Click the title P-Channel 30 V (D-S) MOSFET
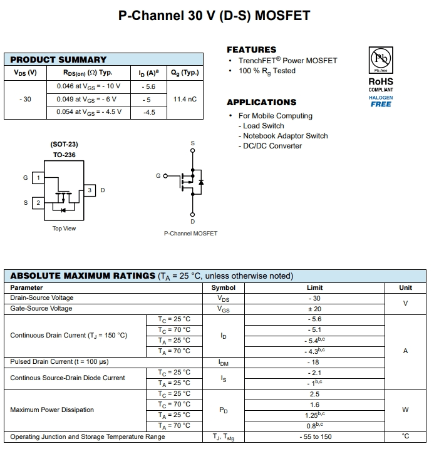214,16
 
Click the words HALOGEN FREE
381,101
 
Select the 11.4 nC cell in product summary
184,100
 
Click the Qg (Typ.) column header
184,73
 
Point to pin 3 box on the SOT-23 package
90,190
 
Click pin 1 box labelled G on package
38,178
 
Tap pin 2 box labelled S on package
38,203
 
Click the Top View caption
64,229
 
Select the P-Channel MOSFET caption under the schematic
190,234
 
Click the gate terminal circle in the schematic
166,176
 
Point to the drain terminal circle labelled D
192,214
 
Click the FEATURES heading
251,49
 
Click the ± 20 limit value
314,309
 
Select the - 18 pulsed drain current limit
314,362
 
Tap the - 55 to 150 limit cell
314,436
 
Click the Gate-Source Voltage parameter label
41,309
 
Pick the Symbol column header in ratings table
224,287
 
